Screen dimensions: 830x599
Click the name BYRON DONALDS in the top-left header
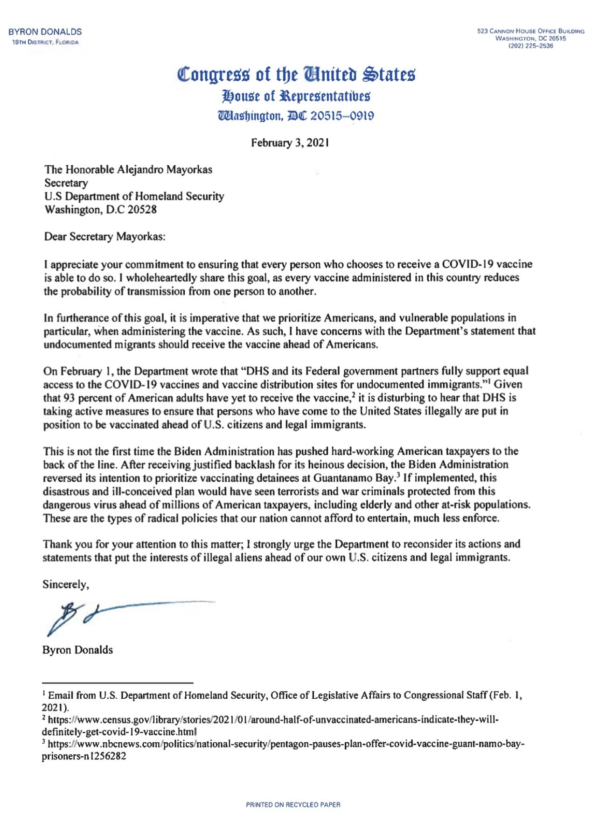click(45, 32)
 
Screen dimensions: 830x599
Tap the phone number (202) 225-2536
click(530, 46)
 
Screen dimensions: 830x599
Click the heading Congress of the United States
click(296, 75)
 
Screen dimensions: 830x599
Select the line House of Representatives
click(297, 96)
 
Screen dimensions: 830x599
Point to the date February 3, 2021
click(290, 143)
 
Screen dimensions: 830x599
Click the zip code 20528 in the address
click(142, 210)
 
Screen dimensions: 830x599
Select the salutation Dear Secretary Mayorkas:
click(104, 237)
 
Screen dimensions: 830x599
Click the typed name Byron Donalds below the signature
click(77, 650)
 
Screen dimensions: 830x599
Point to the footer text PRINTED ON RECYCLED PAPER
click(293, 805)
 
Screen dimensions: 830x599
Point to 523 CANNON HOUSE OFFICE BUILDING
click(530, 31)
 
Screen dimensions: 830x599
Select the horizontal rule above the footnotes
click(118, 682)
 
